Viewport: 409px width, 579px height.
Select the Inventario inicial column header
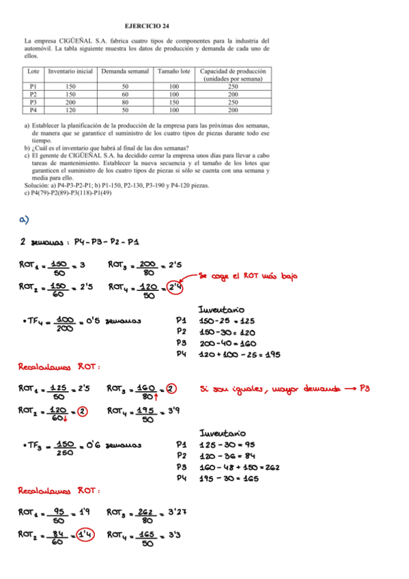(x=70, y=71)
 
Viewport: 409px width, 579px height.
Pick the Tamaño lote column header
(x=173, y=71)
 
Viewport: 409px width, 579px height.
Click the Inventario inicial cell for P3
(x=70, y=102)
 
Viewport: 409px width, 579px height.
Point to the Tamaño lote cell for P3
(x=173, y=102)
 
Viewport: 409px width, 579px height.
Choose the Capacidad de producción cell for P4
(x=233, y=109)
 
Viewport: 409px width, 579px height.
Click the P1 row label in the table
(x=33, y=87)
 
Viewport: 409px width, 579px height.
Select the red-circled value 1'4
(x=85, y=535)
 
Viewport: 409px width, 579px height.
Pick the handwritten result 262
(x=267, y=468)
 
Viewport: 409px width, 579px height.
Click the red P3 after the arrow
(x=367, y=390)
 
